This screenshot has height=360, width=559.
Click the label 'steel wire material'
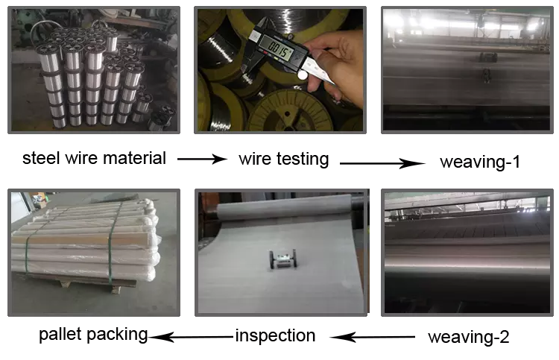(94, 158)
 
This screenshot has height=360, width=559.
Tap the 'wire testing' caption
(284, 159)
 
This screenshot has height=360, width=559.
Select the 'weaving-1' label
(480, 162)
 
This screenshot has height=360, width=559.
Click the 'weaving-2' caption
(469, 337)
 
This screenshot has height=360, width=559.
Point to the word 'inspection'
(275, 335)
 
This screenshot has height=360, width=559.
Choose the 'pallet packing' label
(93, 335)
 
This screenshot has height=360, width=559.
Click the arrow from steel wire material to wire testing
(202, 159)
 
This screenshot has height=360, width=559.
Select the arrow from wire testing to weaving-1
(382, 163)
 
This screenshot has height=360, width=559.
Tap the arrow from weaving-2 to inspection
(372, 337)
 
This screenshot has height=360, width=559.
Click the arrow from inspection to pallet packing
(191, 336)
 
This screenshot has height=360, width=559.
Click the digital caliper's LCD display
(277, 48)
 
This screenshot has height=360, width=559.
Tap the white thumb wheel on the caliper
(303, 75)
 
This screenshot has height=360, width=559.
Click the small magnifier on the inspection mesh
(283, 259)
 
